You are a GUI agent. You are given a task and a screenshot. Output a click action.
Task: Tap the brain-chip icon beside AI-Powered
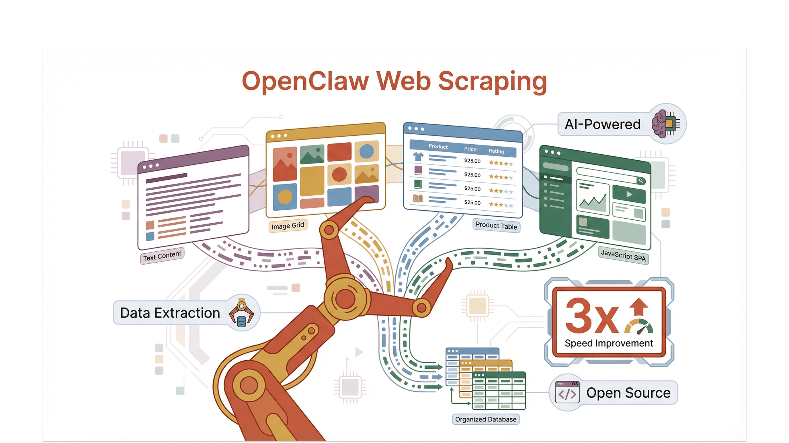point(666,124)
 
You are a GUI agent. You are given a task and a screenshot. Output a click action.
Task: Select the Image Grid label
point(288,226)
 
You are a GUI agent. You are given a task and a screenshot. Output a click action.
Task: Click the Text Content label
point(162,256)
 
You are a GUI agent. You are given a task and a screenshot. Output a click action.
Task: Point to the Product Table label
point(496,226)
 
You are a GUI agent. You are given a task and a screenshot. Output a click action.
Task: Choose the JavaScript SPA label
point(623,256)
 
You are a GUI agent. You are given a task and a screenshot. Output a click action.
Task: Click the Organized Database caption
point(485,419)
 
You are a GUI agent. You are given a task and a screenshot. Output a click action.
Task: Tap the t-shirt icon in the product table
point(418,157)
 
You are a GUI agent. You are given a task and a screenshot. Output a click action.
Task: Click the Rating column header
point(496,151)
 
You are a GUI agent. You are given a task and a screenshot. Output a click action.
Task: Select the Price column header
point(470,149)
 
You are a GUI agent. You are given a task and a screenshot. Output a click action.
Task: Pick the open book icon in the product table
point(418,198)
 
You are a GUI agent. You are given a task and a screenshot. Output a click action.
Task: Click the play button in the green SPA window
point(629,194)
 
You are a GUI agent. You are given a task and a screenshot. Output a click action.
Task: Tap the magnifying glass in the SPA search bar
point(641,181)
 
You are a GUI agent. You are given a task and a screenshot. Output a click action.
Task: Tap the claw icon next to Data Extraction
point(242,313)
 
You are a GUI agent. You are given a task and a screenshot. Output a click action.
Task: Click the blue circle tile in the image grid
point(366,151)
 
